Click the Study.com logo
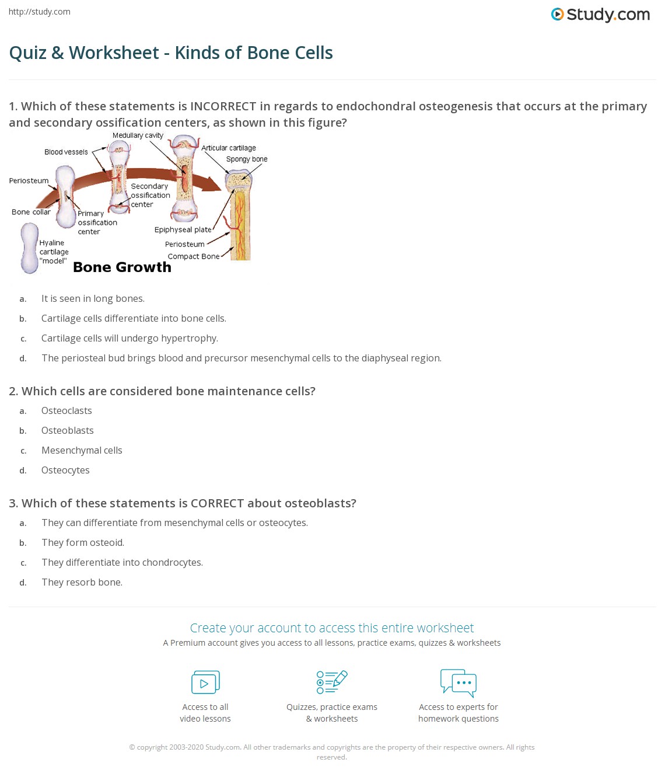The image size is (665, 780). pyautogui.click(x=600, y=15)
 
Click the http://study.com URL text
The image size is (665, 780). pyautogui.click(x=40, y=12)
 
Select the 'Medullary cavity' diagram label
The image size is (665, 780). pyautogui.click(x=138, y=135)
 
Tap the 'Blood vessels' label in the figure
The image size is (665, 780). pyautogui.click(x=66, y=152)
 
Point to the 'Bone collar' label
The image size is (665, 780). pyautogui.click(x=31, y=212)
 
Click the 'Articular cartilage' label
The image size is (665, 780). pyautogui.click(x=229, y=148)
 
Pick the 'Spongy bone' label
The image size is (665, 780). pyautogui.click(x=247, y=159)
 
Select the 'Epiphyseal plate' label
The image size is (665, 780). pyautogui.click(x=183, y=229)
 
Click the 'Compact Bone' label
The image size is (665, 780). pyautogui.click(x=194, y=256)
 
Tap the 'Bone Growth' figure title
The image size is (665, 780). pyautogui.click(x=122, y=267)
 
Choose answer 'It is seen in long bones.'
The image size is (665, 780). pyautogui.click(x=93, y=298)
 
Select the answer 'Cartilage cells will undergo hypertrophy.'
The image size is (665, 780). pyautogui.click(x=129, y=338)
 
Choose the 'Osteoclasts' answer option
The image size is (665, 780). pyautogui.click(x=66, y=410)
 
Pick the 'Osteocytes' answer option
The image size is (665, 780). pyautogui.click(x=65, y=470)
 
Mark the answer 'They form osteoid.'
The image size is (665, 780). pyautogui.click(x=83, y=542)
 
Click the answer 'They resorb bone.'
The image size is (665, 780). pyautogui.click(x=82, y=582)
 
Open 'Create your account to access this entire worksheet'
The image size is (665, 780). pyautogui.click(x=332, y=628)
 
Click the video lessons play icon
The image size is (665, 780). pyautogui.click(x=205, y=682)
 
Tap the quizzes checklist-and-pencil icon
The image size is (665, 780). pyautogui.click(x=332, y=682)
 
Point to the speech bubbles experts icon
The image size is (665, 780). pyautogui.click(x=459, y=682)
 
